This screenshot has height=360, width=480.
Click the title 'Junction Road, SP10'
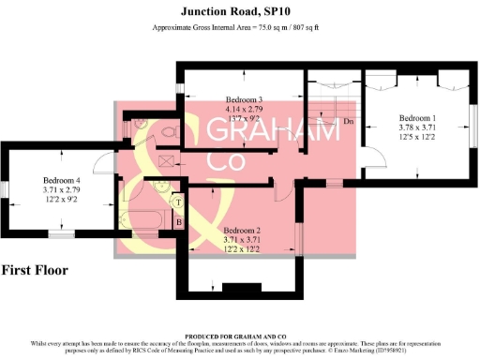pyautogui.click(x=239, y=11)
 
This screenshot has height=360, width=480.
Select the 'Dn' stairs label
pyautogui.click(x=348, y=122)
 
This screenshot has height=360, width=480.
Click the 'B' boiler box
pyautogui.click(x=178, y=222)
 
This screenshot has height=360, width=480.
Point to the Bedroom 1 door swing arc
pyautogui.click(x=375, y=156)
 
